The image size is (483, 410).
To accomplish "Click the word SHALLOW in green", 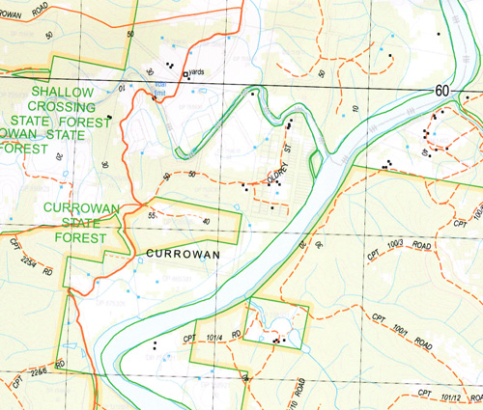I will click(62, 92).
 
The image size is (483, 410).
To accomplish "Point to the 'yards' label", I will click(197, 71).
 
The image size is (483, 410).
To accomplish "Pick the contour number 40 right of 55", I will click(205, 221).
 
